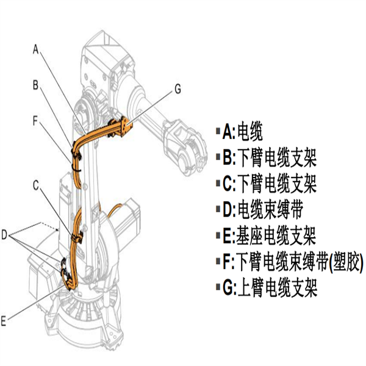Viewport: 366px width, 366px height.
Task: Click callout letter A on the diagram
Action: [37, 48]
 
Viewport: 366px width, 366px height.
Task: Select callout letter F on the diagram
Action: [37, 121]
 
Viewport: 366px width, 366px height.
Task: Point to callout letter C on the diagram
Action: [37, 183]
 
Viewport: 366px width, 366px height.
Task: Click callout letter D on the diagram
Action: [5, 233]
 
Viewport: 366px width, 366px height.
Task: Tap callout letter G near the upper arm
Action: [178, 89]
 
